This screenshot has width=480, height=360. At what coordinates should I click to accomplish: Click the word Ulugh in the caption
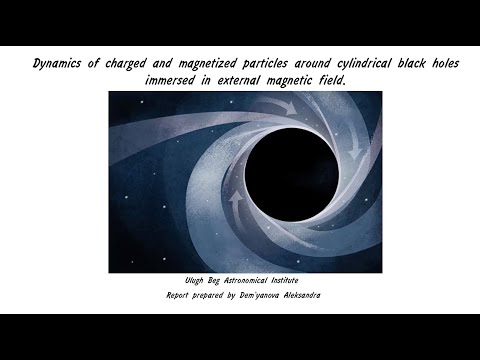180,282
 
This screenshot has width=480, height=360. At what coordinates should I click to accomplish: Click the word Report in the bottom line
177,296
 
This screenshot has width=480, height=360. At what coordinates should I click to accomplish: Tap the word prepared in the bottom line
216,296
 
